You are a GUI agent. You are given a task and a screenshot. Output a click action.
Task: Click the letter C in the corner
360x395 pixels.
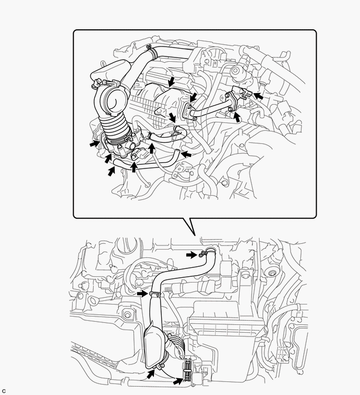pos(3,391)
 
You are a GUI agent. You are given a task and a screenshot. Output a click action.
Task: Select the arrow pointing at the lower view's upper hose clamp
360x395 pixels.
pos(192,255)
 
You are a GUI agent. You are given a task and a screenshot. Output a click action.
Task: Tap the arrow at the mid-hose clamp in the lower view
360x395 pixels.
pos(143,294)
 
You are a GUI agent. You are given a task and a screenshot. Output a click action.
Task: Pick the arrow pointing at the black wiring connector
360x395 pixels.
pos(178,381)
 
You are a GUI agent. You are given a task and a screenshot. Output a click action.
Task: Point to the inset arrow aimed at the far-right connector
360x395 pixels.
pos(258,96)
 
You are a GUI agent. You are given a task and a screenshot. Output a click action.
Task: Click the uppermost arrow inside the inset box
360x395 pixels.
pos(172,82)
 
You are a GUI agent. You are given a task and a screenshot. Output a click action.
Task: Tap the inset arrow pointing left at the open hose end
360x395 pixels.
pos(186,154)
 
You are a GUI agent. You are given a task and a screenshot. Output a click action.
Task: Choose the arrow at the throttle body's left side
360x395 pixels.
pos(95,144)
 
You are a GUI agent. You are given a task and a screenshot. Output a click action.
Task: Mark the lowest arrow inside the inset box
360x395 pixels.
pos(111,172)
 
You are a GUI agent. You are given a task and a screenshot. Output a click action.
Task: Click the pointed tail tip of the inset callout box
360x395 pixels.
pos(195,236)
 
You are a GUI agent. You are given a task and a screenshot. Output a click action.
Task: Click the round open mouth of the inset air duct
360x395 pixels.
pos(114,101)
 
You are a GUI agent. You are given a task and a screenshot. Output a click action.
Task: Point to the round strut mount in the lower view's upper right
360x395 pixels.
pos(272,273)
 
